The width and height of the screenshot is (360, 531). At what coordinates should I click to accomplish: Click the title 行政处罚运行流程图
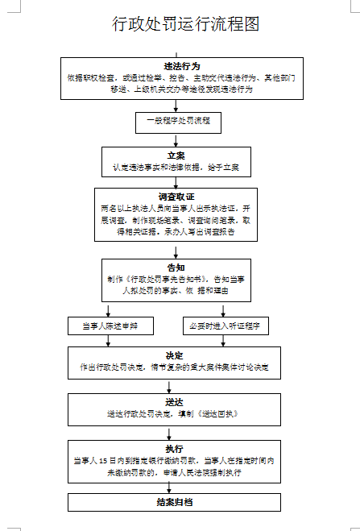point(186,24)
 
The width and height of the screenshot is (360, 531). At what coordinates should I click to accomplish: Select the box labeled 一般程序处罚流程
point(177,122)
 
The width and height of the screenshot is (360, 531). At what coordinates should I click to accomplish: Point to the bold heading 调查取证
point(177,196)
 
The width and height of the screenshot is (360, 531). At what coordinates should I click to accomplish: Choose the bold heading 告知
point(176,267)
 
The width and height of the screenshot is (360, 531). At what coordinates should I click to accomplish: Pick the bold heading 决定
point(175,355)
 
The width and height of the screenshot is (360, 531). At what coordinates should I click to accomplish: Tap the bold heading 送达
point(175,401)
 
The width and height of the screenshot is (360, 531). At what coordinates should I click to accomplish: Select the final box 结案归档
point(175,501)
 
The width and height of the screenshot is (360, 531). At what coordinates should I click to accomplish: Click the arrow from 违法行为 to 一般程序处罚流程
point(178,105)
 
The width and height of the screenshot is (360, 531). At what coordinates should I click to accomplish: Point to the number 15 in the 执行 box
point(113,461)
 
